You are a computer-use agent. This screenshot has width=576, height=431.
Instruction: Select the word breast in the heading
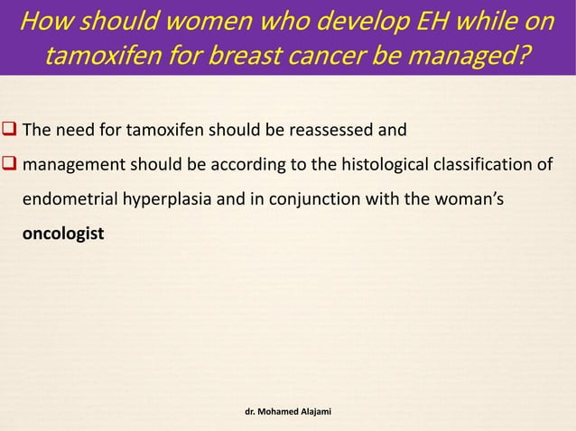click(287, 57)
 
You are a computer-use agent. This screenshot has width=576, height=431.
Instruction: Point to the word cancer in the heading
click(367, 57)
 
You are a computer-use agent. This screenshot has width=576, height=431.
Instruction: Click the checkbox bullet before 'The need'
click(10, 132)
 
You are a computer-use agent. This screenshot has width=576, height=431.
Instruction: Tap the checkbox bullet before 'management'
click(10, 166)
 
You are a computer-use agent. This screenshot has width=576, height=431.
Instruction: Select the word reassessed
click(334, 132)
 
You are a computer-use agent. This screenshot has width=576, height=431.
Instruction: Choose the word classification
click(478, 166)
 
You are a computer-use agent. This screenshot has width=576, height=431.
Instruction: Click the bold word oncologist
click(62, 234)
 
